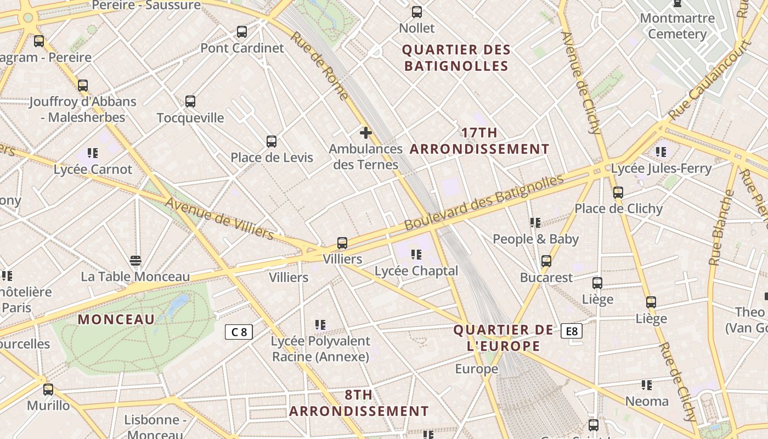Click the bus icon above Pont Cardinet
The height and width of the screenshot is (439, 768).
click(x=242, y=32)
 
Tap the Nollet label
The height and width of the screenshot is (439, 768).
click(x=417, y=28)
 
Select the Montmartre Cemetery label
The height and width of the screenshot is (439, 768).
click(x=677, y=26)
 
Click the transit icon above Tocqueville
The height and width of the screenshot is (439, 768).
click(x=190, y=102)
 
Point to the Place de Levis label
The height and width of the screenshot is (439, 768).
click(x=272, y=157)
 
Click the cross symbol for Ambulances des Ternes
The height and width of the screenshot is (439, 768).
click(x=366, y=133)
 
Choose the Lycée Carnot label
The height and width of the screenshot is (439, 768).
click(x=93, y=169)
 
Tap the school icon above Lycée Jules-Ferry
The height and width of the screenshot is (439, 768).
click(x=661, y=151)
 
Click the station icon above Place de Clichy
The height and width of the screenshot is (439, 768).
click(x=618, y=193)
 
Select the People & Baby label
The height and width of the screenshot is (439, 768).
click(x=535, y=239)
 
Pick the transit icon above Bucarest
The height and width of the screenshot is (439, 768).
click(x=546, y=261)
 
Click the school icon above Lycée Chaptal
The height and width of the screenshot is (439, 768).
click(x=416, y=255)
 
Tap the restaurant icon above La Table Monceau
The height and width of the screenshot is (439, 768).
click(x=135, y=260)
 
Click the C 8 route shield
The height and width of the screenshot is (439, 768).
click(x=239, y=331)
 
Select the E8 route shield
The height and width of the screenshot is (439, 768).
click(x=572, y=331)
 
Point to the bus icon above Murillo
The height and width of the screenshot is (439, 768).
click(x=48, y=390)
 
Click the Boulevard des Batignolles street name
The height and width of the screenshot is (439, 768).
click(x=484, y=202)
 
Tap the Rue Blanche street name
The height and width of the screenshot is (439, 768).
click(x=721, y=228)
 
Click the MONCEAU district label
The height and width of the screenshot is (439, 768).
click(x=116, y=319)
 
